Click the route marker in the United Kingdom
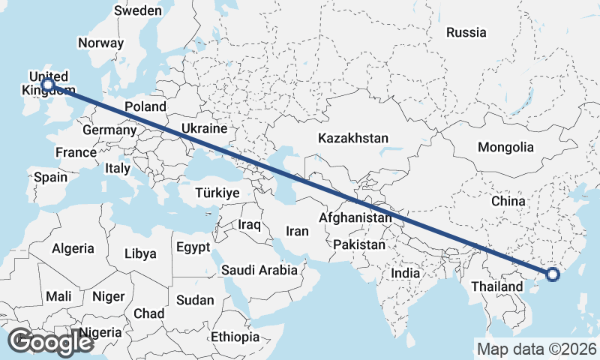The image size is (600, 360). click(x=48, y=85)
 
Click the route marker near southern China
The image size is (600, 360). click(x=553, y=274)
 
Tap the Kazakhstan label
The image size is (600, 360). click(x=353, y=139)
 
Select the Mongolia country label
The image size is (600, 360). click(x=505, y=148)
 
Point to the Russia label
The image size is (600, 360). click(x=466, y=32)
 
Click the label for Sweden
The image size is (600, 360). click(x=137, y=10)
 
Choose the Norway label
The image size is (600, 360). click(x=100, y=43)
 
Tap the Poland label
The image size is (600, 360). click(x=145, y=106)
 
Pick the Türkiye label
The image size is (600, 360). click(x=217, y=193)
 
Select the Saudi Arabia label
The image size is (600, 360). click(x=259, y=269)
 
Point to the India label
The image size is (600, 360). click(x=406, y=274)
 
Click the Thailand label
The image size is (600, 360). click(x=496, y=286)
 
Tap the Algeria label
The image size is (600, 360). click(x=73, y=248)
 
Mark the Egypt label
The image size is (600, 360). click(x=193, y=247)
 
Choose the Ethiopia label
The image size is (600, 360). click(x=235, y=337)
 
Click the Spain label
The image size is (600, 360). click(x=51, y=178)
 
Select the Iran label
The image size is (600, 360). click(x=298, y=232)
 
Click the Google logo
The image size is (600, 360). click(x=50, y=342)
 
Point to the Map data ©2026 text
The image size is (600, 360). click(x=537, y=349)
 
